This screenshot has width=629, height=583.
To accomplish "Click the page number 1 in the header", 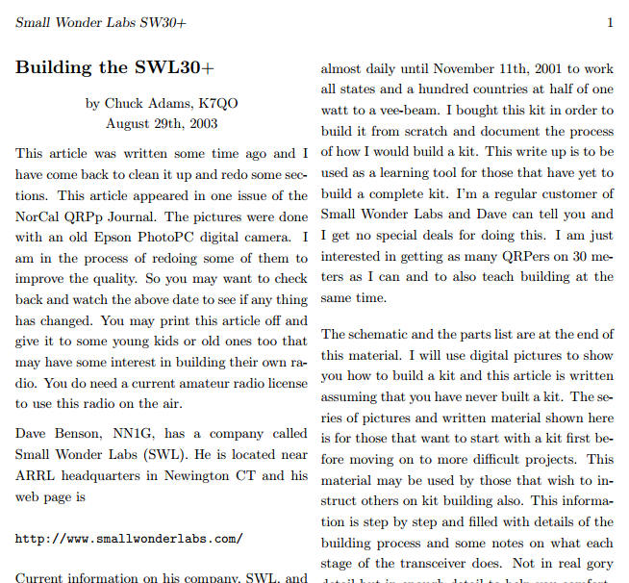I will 611,22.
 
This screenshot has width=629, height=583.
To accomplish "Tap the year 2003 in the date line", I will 201,123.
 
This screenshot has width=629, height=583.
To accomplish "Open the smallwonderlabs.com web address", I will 129,539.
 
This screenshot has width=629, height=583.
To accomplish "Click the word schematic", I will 380,334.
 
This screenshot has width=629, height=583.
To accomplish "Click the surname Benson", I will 70,434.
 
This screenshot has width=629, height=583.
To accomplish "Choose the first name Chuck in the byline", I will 123,103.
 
